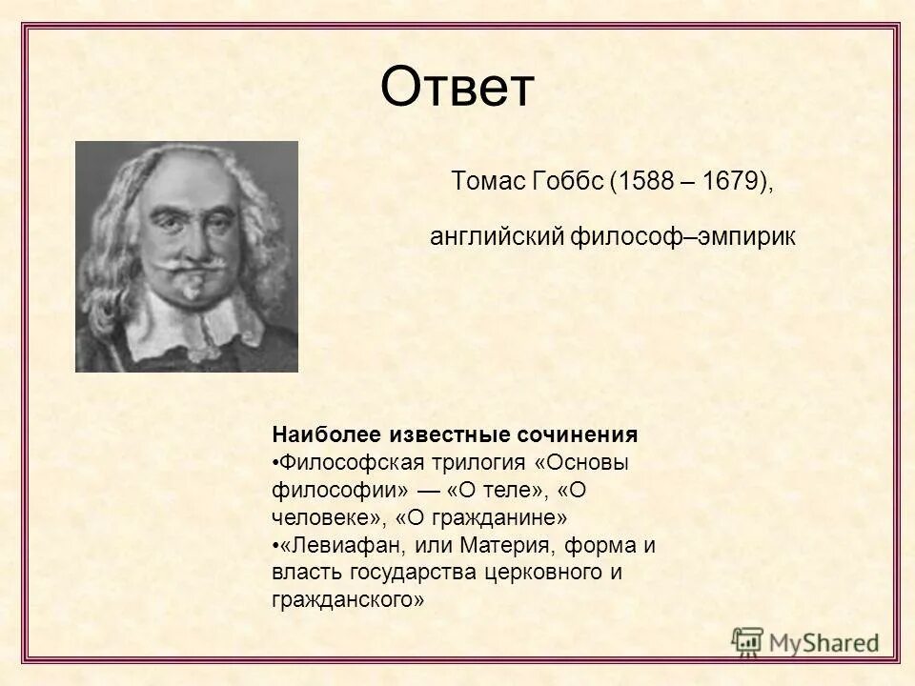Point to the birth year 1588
click(645, 181)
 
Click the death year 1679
click(728, 181)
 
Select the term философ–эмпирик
click(682, 235)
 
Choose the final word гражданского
click(348, 600)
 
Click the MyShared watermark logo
click(806, 642)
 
